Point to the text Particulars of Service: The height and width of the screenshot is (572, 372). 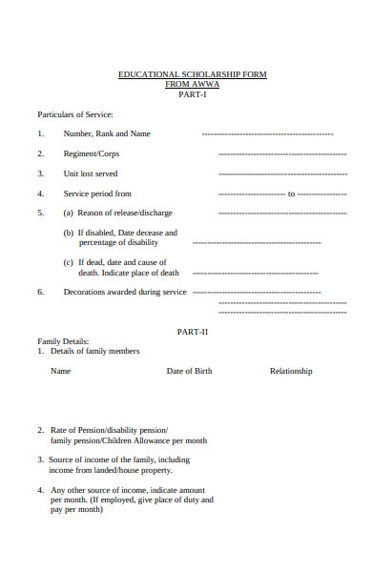click(x=75, y=114)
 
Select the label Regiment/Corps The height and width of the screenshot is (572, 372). click(x=92, y=153)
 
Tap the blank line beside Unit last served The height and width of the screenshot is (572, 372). click(x=281, y=174)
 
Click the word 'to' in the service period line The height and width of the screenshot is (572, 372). click(x=292, y=194)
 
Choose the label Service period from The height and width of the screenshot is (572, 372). click(x=97, y=194)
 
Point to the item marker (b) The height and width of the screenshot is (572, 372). click(x=69, y=233)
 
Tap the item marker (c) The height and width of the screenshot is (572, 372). click(x=69, y=262)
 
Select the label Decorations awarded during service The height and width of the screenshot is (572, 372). click(x=125, y=292)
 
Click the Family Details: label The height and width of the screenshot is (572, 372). click(x=63, y=341)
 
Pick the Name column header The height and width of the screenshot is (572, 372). click(x=61, y=371)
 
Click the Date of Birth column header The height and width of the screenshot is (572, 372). click(x=189, y=371)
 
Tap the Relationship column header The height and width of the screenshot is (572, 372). click(x=291, y=371)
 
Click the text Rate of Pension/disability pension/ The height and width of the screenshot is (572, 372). click(x=109, y=431)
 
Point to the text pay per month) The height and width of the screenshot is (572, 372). click(x=76, y=509)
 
